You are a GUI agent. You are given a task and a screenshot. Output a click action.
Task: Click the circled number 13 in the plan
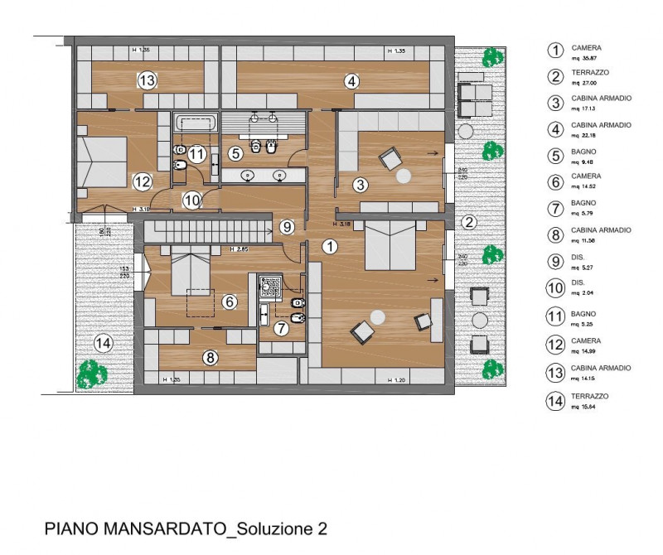[x=148, y=80]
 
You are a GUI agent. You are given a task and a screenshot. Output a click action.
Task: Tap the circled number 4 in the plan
[x=351, y=81]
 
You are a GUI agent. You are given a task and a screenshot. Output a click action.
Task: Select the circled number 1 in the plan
[x=330, y=246]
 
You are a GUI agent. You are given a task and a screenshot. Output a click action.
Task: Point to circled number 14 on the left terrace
[x=103, y=341]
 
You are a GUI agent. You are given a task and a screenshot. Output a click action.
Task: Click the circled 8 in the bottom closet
[x=211, y=358]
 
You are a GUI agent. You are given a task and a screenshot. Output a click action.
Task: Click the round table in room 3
[x=404, y=176]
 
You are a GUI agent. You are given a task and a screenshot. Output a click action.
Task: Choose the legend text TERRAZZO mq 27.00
[x=589, y=78]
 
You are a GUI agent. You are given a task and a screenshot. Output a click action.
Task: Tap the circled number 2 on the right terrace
[x=468, y=222]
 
